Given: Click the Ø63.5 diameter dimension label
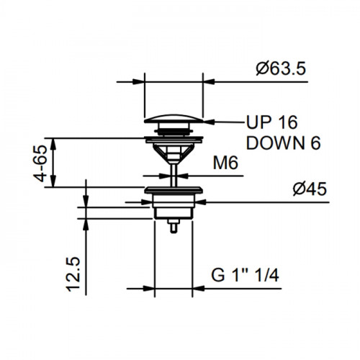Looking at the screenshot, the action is click(281, 69).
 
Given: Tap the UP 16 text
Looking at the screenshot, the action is click(272, 122).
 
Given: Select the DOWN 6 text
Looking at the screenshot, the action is click(284, 143).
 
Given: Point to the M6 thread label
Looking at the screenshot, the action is click(225, 163).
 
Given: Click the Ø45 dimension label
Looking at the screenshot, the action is click(310, 189).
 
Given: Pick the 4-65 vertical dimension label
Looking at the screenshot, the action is click(40, 163).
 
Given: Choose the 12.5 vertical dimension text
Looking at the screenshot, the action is click(73, 274).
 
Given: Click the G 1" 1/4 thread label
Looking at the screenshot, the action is click(245, 275).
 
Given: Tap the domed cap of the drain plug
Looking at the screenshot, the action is click(174, 119).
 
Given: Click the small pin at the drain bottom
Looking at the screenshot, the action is click(174, 226).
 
